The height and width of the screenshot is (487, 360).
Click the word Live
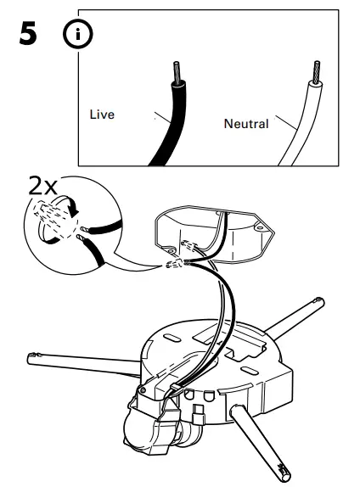(101, 114)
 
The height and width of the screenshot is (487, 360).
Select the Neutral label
(245, 124)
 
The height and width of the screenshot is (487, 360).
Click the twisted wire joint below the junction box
(176, 264)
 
